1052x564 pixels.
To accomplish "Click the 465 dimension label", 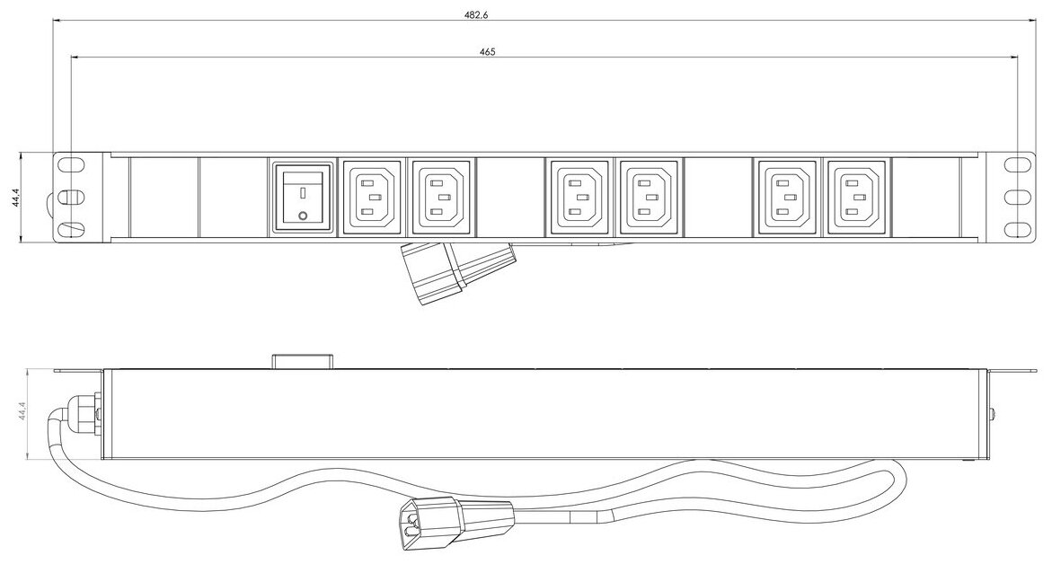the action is [487, 52].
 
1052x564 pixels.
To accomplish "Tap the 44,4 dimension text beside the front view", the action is [16, 198].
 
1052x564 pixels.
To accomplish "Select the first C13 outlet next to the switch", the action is [372, 198].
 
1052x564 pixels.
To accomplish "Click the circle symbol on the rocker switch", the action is [302, 216].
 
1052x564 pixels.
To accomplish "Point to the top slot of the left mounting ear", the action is [69, 165].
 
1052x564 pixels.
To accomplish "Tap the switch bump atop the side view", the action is [303, 362].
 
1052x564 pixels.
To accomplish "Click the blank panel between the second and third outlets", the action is [510, 198].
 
